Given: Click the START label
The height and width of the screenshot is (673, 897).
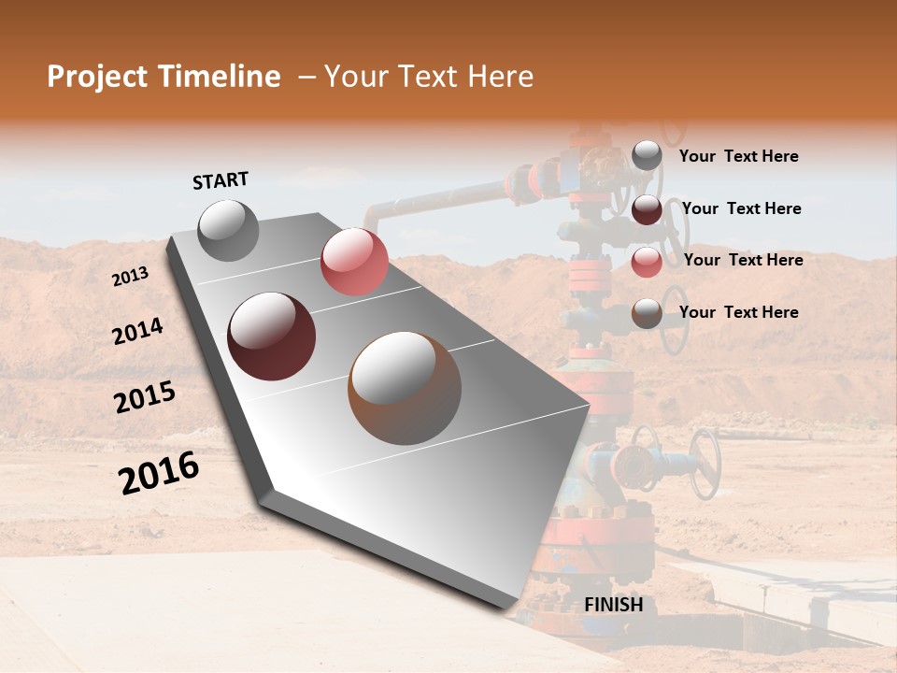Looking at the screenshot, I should click(x=221, y=180).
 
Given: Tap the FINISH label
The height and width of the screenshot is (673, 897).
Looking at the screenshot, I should click(x=614, y=605).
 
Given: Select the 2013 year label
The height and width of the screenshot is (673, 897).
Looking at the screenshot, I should click(x=130, y=277).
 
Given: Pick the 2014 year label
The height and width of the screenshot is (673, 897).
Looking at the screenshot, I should click(x=137, y=332).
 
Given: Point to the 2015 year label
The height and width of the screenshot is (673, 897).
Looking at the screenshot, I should click(x=145, y=398).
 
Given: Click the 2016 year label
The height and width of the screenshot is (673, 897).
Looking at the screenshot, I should click(x=159, y=473).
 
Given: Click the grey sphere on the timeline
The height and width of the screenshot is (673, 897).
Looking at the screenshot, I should click(x=229, y=230).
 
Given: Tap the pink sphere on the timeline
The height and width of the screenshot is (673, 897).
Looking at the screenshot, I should click(x=354, y=262).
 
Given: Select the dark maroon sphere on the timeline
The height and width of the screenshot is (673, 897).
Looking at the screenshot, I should click(x=272, y=336).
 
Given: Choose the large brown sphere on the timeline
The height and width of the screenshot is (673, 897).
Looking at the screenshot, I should click(x=405, y=387).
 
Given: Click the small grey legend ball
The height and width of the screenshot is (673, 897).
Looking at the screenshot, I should click(x=647, y=156).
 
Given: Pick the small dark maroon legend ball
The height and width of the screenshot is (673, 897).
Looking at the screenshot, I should click(x=647, y=209).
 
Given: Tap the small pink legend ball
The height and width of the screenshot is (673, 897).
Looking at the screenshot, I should click(x=647, y=261).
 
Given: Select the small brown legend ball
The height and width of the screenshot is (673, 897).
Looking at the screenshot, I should click(x=647, y=313).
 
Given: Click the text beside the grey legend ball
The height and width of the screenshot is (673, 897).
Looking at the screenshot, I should click(x=738, y=156).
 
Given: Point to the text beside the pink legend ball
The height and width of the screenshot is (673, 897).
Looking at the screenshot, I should click(x=743, y=260).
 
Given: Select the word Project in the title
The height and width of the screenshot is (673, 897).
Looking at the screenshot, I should click(x=97, y=77).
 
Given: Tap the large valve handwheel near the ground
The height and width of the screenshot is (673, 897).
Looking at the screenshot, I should click(x=705, y=464).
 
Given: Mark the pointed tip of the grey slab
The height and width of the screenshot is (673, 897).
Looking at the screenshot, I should click(x=591, y=406).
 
